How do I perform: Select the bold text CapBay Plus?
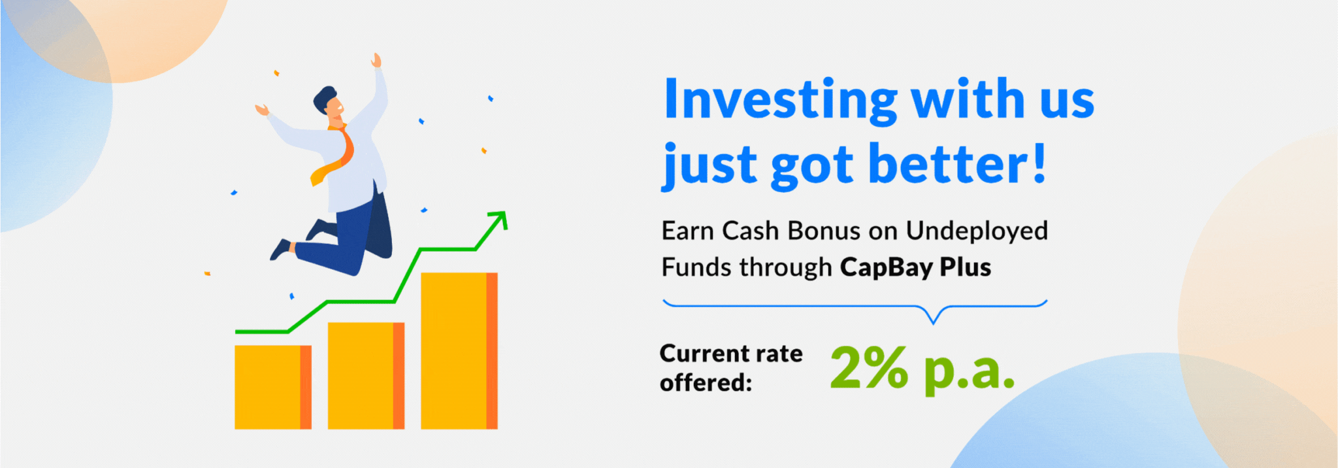pos(915,267)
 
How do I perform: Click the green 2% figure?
pos(869,368)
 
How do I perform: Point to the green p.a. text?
pos(970,372)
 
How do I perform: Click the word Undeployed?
pos(977,231)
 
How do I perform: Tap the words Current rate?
pos(731,354)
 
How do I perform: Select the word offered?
pos(706,382)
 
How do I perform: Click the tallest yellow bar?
pos(459,350)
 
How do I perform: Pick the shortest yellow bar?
pos(273,387)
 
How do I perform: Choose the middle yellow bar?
pos(366,375)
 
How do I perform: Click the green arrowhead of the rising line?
pos(499,220)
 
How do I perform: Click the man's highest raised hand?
pos(376,61)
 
